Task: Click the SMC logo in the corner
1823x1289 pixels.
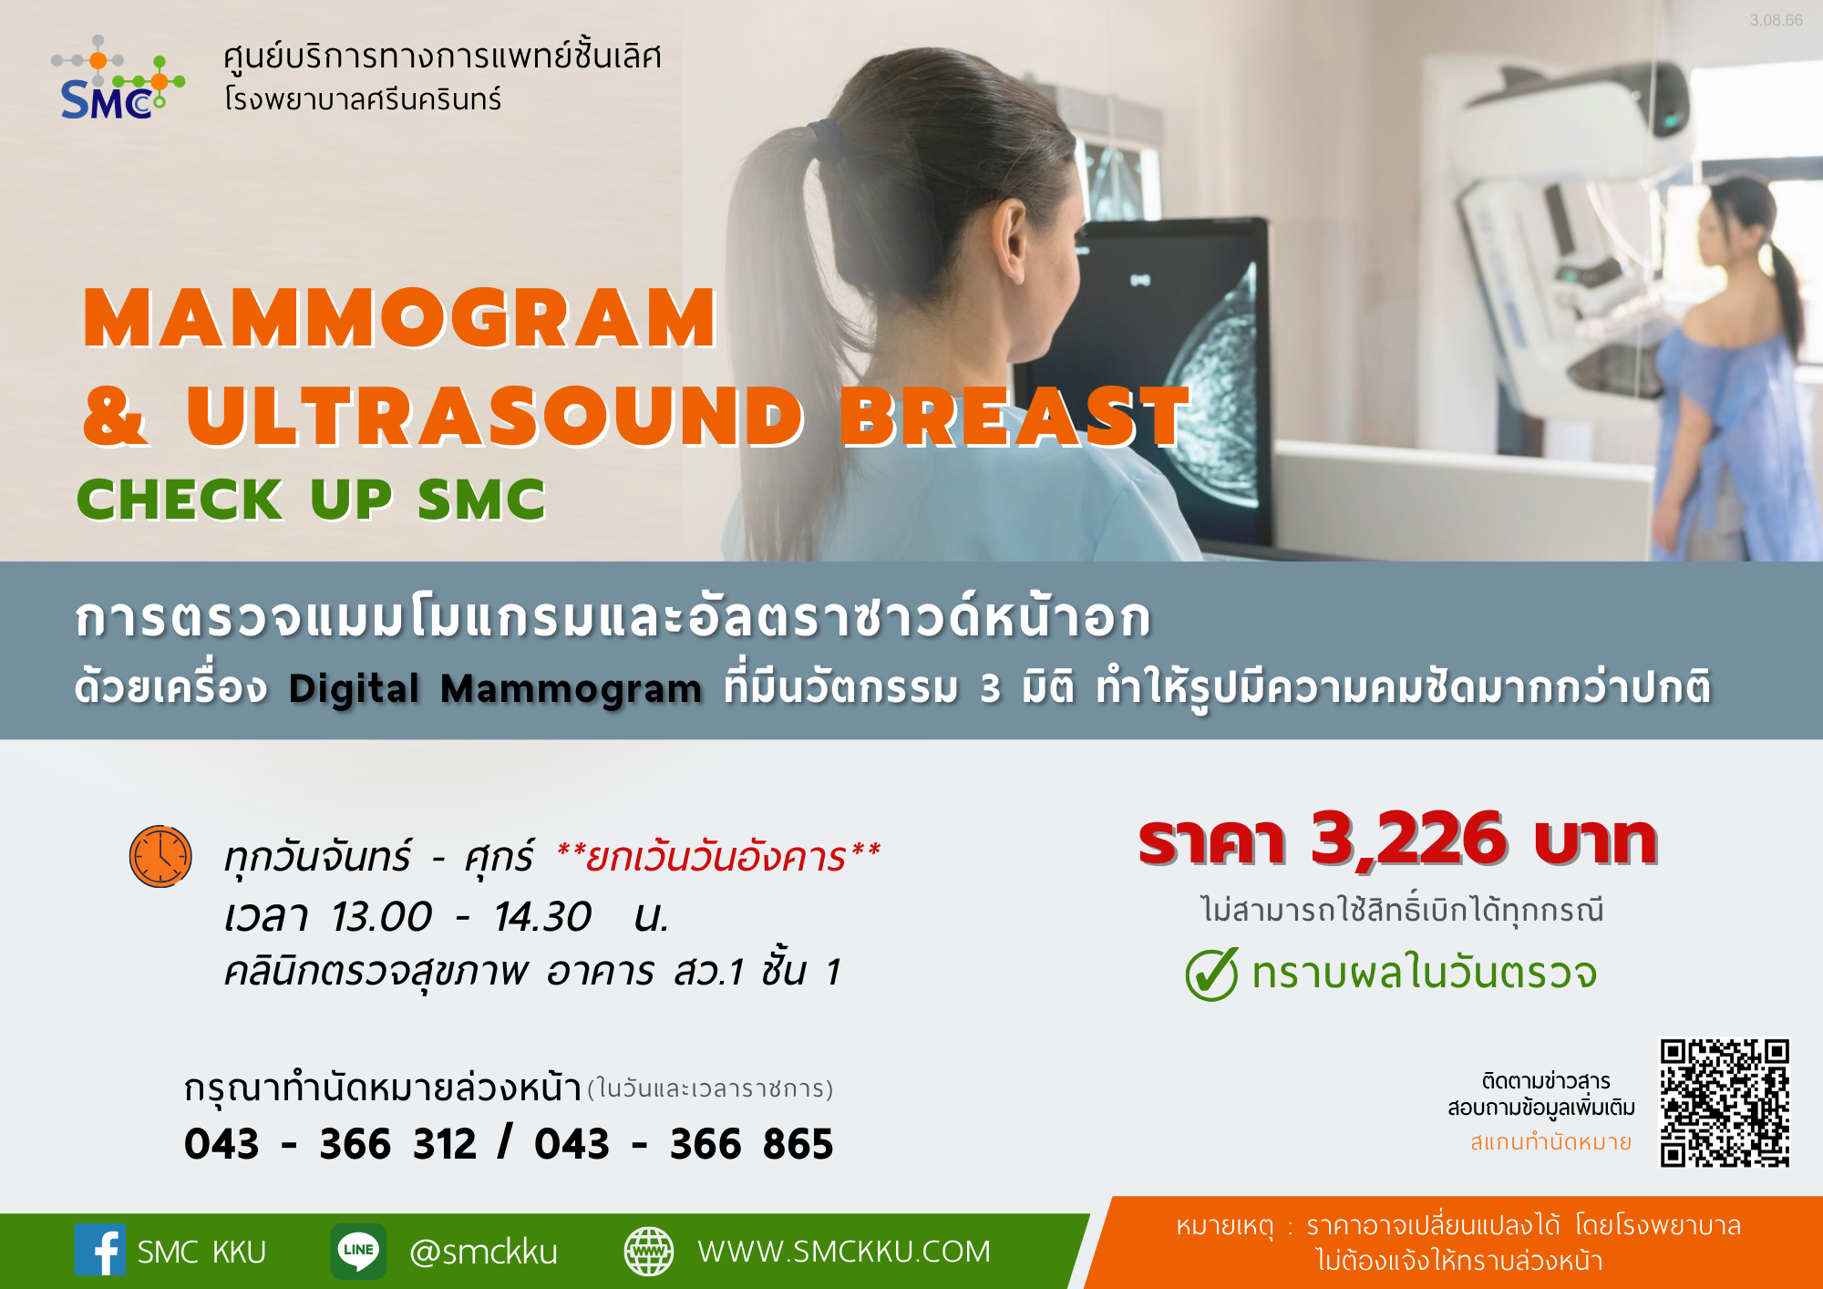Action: tap(118, 79)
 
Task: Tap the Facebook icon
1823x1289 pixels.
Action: tap(99, 1249)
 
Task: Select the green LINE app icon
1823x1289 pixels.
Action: tap(358, 1251)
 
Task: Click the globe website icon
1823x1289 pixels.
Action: tap(649, 1251)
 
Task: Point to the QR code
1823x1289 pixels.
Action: tap(1725, 1103)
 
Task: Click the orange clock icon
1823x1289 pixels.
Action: tap(160, 856)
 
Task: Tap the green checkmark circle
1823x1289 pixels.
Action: tap(1211, 974)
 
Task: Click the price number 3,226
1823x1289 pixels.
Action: tap(1409, 838)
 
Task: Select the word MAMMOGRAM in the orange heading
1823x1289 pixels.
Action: tap(399, 318)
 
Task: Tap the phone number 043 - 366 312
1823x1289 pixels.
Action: tap(330, 1144)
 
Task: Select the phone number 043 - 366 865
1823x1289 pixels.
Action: tap(684, 1144)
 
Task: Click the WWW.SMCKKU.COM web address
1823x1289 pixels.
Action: tap(844, 1252)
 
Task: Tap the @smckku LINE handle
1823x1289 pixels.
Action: tap(483, 1252)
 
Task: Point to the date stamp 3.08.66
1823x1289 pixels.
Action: tap(1776, 20)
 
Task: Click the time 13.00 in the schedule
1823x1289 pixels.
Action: tap(381, 916)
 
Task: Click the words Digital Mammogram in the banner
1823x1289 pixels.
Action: tap(495, 688)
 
